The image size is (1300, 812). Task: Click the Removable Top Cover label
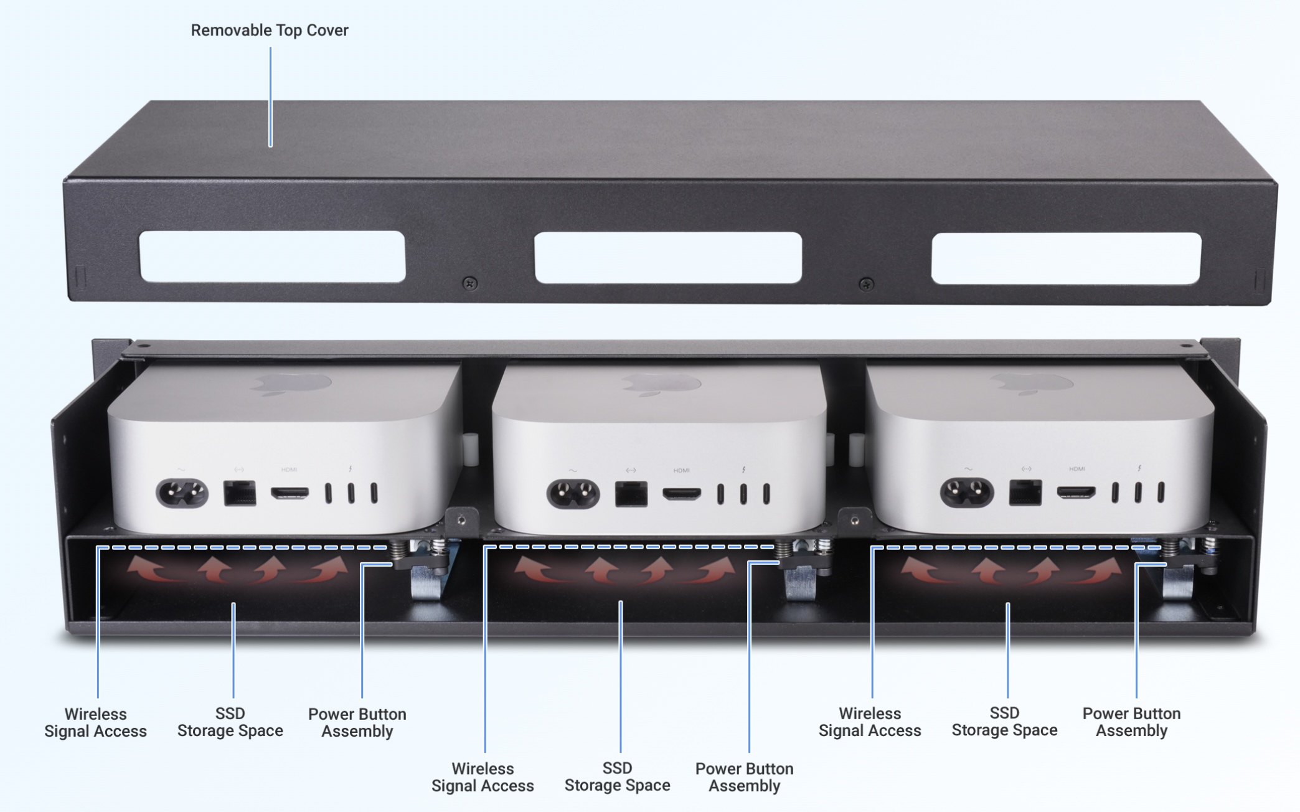point(269,30)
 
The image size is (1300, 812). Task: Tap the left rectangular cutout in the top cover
point(273,257)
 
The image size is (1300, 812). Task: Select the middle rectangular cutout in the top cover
point(668,258)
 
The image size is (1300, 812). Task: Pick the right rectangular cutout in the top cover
point(1066,258)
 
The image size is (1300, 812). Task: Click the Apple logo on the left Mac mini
point(291,384)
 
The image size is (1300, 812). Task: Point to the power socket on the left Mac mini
point(182,493)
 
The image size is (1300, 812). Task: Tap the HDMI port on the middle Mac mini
point(682,494)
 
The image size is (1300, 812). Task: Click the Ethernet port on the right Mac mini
point(1025,493)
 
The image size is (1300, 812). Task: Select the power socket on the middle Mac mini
point(573,494)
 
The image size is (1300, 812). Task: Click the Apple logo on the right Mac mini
point(1031,384)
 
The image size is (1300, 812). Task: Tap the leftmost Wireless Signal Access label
point(95,722)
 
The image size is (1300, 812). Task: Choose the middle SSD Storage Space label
point(618,777)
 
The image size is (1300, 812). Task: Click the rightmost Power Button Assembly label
point(1131,722)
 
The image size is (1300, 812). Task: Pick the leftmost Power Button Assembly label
point(357,722)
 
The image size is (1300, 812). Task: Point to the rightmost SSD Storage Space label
point(1004,721)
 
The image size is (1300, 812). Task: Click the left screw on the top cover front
point(470,284)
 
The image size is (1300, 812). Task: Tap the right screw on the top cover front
point(865,285)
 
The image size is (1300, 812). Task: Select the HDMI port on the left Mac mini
point(290,493)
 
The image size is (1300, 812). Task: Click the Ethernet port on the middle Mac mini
point(631,494)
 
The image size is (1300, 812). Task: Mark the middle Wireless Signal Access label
point(483,777)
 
